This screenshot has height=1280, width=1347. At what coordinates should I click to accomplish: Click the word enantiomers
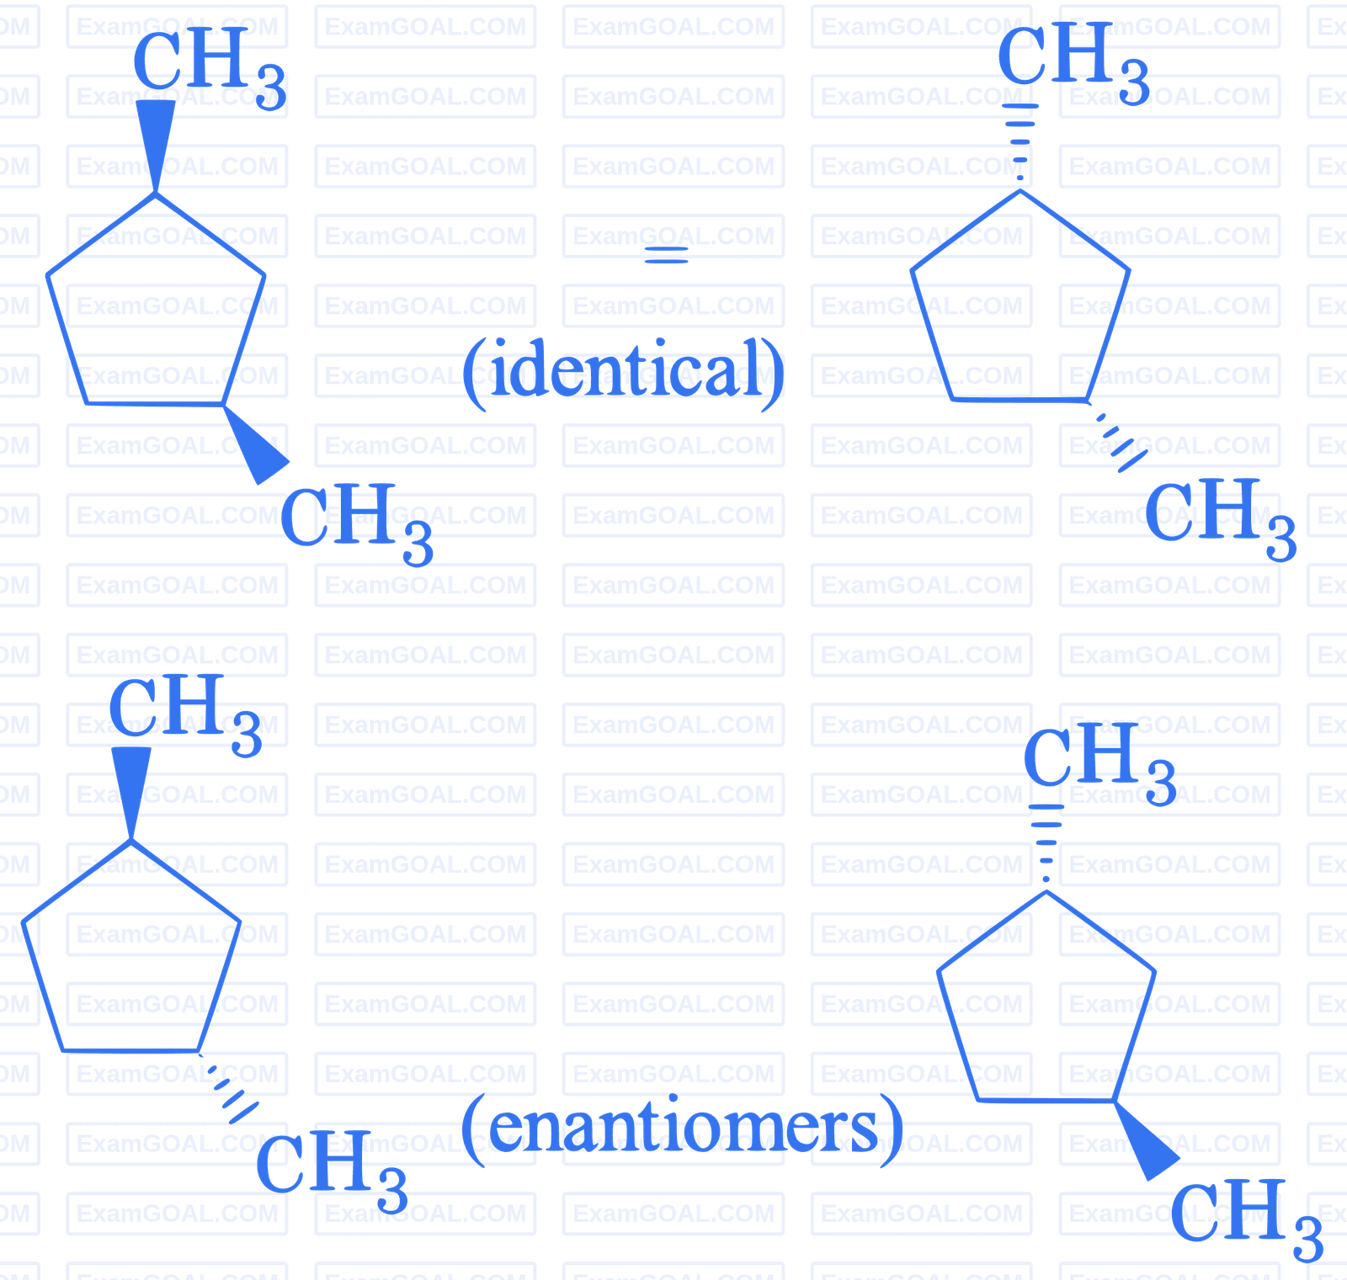tap(684, 1126)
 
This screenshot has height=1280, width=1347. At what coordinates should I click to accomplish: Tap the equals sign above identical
tap(666, 255)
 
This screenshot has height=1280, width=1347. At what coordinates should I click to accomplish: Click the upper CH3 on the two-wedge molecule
tap(210, 67)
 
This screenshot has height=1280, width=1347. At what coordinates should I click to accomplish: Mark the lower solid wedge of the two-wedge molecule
tap(257, 444)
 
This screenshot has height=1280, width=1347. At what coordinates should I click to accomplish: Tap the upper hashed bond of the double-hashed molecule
tap(1020, 143)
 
